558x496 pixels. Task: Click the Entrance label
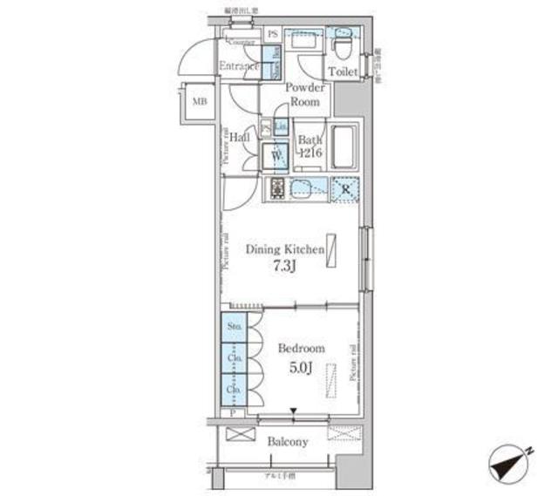coord(237,66)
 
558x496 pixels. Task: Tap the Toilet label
coord(342,73)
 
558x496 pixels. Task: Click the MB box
coord(200,102)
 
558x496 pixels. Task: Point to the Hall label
coord(241,137)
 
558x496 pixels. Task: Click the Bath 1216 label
coord(310,146)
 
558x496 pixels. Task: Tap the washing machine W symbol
coord(276,155)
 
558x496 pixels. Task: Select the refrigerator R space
coord(345,189)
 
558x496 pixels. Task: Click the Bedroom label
coord(301,349)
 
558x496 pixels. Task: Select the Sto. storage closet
coord(234,327)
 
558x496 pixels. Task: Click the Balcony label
coord(287,442)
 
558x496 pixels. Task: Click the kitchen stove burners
coord(277,188)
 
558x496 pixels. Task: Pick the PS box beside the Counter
coord(273,34)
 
